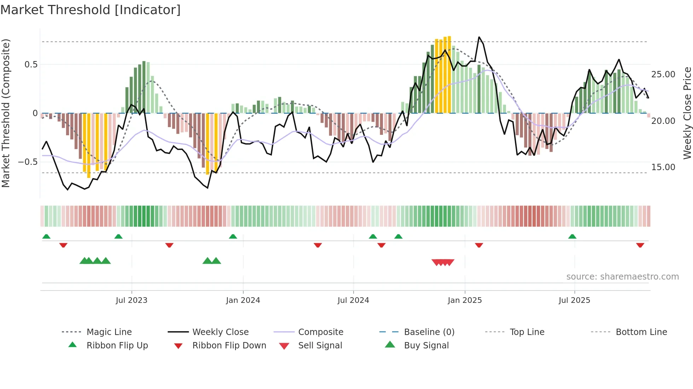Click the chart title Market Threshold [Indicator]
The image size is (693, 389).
tap(91, 10)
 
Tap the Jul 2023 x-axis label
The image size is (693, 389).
tap(132, 300)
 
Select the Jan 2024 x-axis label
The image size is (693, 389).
tap(243, 300)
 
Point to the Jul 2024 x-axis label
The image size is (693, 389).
tap(353, 300)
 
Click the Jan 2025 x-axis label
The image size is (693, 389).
tap(465, 300)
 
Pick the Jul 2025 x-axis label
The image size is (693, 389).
tap(574, 300)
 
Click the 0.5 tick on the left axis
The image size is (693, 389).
tap(31, 65)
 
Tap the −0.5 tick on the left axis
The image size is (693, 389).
tap(28, 162)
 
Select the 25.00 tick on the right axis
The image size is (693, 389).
tap(663, 74)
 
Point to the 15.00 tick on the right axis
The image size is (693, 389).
tap(663, 167)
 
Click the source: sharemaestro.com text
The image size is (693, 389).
tap(622, 277)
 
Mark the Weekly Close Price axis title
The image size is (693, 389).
tap(687, 113)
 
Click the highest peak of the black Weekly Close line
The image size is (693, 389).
tap(479, 37)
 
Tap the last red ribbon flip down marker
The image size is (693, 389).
tap(640, 245)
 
